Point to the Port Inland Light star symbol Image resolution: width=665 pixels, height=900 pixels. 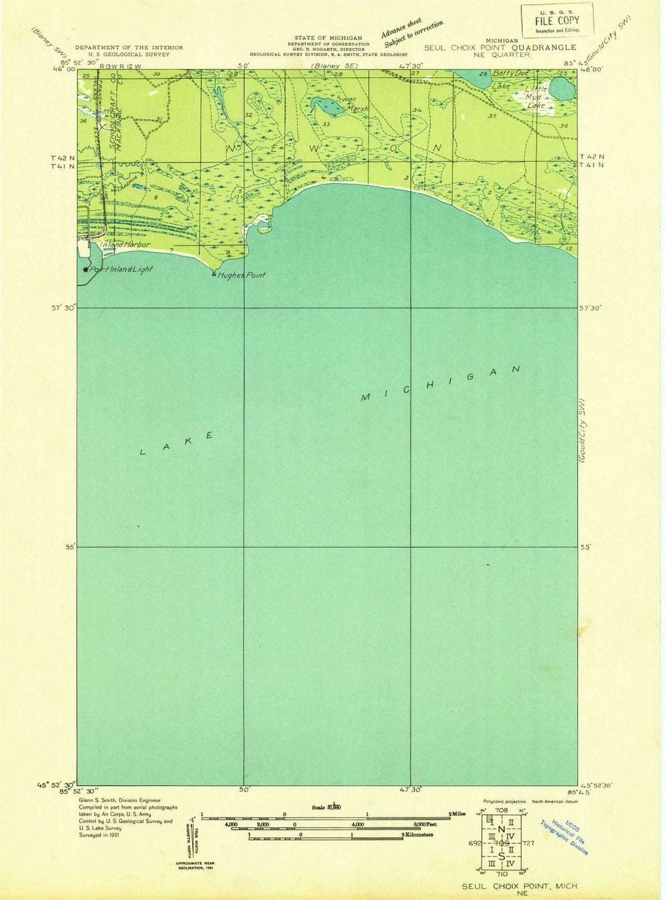tap(86, 269)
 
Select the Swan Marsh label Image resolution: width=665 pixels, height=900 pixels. tap(351, 103)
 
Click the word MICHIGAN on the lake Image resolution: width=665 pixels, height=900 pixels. tap(440, 383)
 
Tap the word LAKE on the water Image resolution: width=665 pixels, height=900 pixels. tap(176, 444)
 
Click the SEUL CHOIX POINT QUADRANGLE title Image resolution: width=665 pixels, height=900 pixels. tap(500, 47)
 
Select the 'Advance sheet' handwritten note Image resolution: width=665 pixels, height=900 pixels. tap(401, 28)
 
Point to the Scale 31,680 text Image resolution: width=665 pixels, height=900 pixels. tap(326, 806)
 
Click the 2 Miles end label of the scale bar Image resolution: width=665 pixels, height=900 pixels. tap(457, 814)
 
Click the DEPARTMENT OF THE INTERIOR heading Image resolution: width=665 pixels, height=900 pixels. tap(129, 47)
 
